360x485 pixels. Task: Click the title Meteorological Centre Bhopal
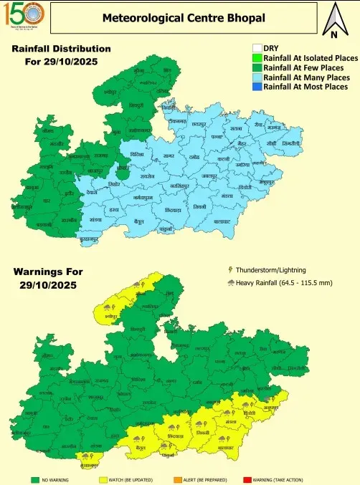(x=183, y=17)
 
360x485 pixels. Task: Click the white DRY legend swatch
(x=257, y=49)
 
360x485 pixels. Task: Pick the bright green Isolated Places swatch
(x=257, y=58)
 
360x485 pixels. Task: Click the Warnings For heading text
(x=48, y=272)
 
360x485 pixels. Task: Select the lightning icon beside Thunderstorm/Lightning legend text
(x=229, y=270)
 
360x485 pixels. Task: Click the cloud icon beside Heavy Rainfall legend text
(x=229, y=282)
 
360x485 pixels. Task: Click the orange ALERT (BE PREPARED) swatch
(x=179, y=479)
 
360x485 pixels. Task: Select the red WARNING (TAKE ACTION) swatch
(x=247, y=479)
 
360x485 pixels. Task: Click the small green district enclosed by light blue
(x=123, y=172)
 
